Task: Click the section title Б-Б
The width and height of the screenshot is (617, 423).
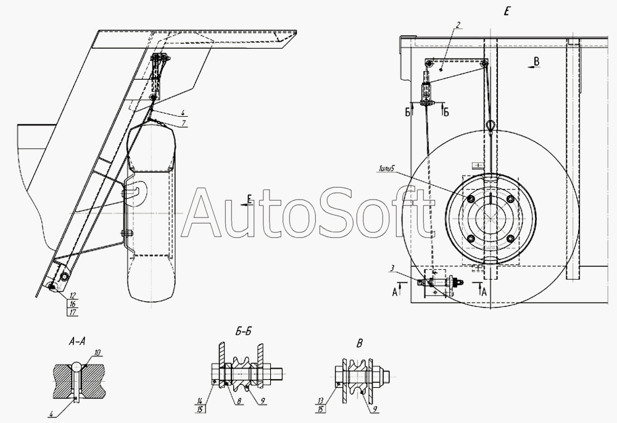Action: (243, 332)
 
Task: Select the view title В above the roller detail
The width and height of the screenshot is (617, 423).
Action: (359, 343)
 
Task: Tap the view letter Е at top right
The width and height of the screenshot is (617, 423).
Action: (507, 11)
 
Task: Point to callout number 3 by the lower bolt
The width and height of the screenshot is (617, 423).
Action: (392, 269)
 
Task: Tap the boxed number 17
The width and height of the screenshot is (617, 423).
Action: (73, 312)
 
